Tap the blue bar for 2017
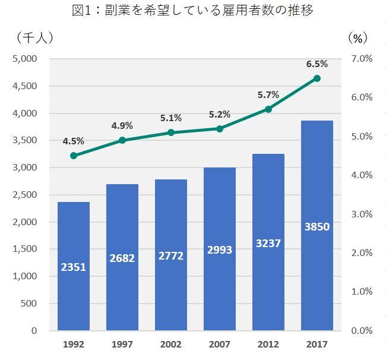[x=317, y=226]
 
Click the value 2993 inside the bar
[x=220, y=250]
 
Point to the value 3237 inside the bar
[x=268, y=243]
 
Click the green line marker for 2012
[x=268, y=109]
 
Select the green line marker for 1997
[x=122, y=140]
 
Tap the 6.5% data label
[x=317, y=64]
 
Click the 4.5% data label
[x=74, y=141]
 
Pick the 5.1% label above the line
[x=171, y=118]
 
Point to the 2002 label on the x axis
[x=171, y=345]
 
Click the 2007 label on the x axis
[x=220, y=345]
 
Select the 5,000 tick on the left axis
[x=25, y=59]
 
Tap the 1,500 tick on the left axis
[x=25, y=249]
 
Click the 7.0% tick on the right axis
[x=362, y=59]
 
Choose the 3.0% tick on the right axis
[x=362, y=214]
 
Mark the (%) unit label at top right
[x=357, y=37]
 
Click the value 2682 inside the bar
[x=122, y=258]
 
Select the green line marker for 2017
[x=317, y=78]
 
